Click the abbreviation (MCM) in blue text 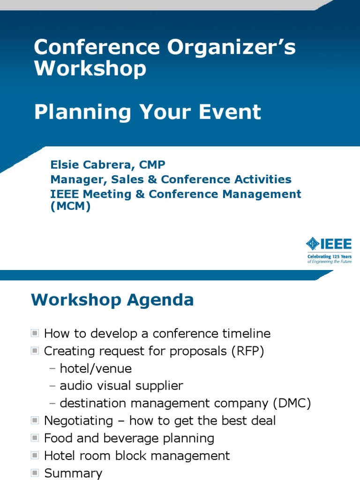point(70,207)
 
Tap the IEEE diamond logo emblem point(313,243)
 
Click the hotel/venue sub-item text point(96,368)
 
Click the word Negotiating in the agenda point(78,420)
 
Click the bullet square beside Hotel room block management point(35,455)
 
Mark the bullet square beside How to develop point(35,333)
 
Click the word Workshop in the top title point(90,69)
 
